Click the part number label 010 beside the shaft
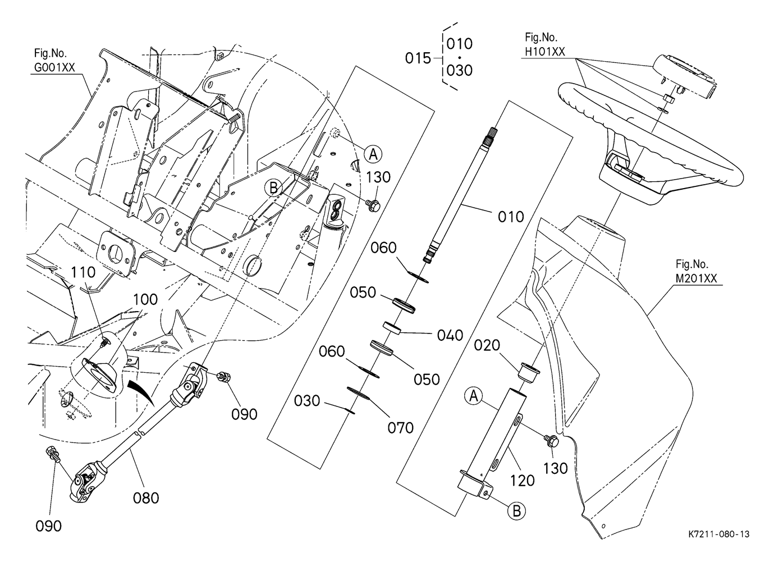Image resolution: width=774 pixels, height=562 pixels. (x=511, y=216)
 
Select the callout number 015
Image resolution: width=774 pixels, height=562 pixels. (x=418, y=58)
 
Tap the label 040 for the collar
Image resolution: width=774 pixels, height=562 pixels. (x=450, y=335)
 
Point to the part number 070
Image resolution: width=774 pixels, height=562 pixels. (x=400, y=428)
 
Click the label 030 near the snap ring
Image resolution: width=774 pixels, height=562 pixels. (x=307, y=401)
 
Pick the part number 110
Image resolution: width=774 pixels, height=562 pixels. (x=83, y=273)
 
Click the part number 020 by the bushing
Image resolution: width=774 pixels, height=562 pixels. (x=487, y=345)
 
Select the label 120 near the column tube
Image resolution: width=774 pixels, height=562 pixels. (x=522, y=481)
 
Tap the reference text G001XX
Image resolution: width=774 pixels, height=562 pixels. (x=53, y=68)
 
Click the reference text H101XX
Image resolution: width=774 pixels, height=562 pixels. (x=544, y=52)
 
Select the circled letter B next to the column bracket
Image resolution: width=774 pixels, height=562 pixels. (x=516, y=511)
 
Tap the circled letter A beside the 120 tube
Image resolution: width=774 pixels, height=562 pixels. (x=474, y=396)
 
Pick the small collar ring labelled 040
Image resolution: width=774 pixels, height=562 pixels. (x=392, y=327)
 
